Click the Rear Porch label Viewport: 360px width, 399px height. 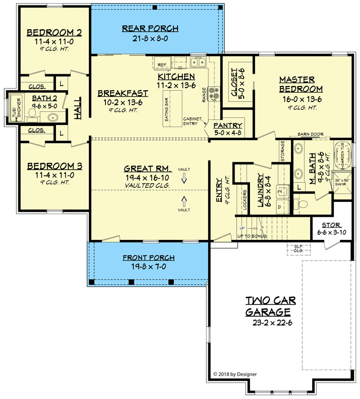(150, 28)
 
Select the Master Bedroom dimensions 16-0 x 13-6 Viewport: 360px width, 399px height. (300, 99)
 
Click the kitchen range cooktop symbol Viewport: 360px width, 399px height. (214, 94)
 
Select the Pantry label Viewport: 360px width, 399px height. (227, 125)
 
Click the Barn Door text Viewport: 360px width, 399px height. (310, 134)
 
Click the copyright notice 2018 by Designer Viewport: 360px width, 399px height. (235, 374)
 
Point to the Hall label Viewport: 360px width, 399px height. (79, 109)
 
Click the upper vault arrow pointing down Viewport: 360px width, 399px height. (184, 179)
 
